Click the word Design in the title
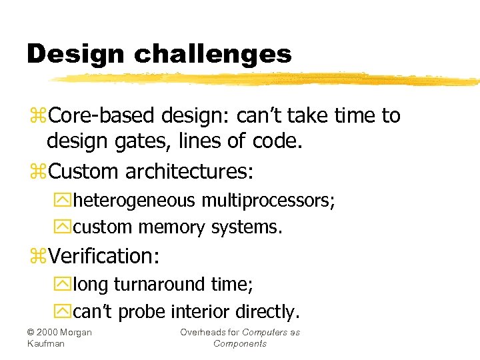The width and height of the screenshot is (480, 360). (x=67, y=53)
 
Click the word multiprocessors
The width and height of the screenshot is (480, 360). (x=273, y=200)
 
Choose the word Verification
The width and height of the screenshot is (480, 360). (x=108, y=255)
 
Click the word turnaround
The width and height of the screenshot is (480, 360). (x=166, y=284)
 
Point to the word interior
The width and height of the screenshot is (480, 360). (x=200, y=311)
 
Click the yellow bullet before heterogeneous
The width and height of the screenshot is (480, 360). (x=66, y=201)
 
